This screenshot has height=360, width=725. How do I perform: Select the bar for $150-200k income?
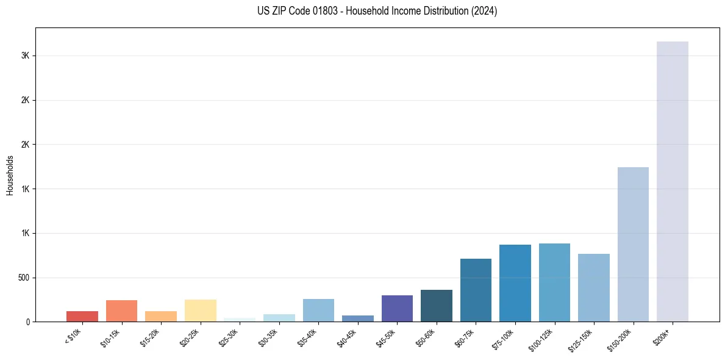tap(633, 244)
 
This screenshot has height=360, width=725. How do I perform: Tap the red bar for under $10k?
tap(82, 316)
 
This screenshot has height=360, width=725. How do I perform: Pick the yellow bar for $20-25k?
tap(200, 311)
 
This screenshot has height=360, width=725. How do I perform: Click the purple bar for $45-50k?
tap(397, 308)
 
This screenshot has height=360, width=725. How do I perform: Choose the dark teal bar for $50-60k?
tap(436, 306)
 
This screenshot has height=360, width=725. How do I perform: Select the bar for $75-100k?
tap(515, 283)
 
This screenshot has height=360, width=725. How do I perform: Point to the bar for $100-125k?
tap(554, 283)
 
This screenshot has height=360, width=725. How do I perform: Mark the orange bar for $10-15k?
tap(121, 311)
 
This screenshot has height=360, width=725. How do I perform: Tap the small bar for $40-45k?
tap(357, 319)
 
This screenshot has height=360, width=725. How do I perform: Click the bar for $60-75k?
tap(476, 290)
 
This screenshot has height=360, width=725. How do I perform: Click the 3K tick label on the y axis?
tap(25, 56)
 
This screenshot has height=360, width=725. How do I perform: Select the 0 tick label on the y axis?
tap(28, 322)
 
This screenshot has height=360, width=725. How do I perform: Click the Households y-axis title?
tap(10, 175)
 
